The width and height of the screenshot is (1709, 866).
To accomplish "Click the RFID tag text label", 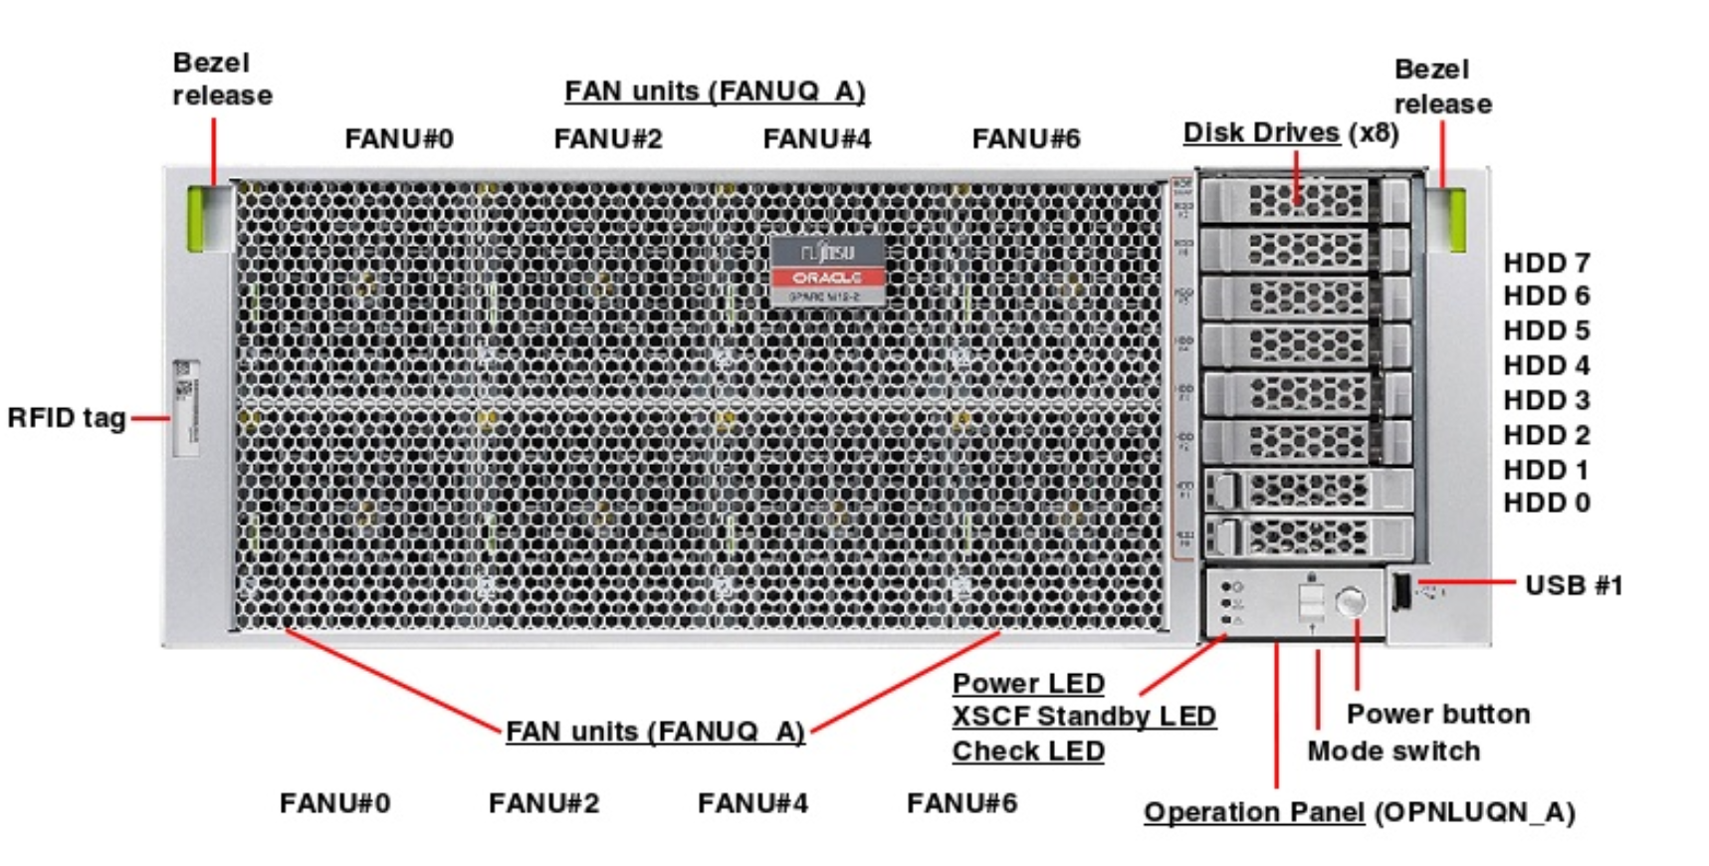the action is click(x=67, y=418).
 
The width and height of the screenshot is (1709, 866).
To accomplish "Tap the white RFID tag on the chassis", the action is click(x=186, y=408).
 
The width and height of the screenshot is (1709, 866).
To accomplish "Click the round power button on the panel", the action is click(x=1351, y=601).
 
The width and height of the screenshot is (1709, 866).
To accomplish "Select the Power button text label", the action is click(x=1437, y=714).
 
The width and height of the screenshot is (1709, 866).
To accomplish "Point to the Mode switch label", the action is click(x=1392, y=751).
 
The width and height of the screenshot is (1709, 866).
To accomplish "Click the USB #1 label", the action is click(x=1573, y=585).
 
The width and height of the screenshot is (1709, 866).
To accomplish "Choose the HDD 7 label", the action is click(x=1546, y=263).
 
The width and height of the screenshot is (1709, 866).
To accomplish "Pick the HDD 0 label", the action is click(x=1546, y=504).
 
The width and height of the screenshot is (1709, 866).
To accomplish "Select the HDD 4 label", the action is click(x=1546, y=365).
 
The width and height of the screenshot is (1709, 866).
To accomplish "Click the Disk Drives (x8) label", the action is click(x=1291, y=132).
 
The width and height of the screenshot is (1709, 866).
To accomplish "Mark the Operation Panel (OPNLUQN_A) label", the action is click(x=1359, y=812).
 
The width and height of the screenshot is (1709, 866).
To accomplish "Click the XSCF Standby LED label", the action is click(x=1083, y=717).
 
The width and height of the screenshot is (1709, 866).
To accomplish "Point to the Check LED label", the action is click(x=1027, y=751).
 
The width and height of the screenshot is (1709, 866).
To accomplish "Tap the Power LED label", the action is click(x=1027, y=684).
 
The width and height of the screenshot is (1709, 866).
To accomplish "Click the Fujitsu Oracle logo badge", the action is click(x=827, y=270).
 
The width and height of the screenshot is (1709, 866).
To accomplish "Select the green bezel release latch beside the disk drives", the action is click(x=1454, y=219).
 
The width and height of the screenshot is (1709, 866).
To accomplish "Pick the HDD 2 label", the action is click(x=1546, y=435).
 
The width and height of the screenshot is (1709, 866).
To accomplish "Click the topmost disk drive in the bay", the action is click(x=1305, y=200).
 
